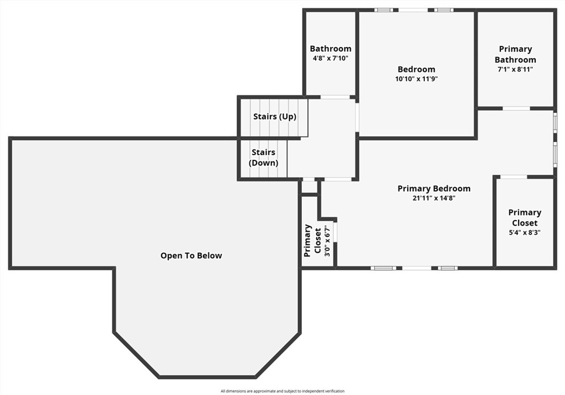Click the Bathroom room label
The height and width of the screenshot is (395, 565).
click(x=331, y=49)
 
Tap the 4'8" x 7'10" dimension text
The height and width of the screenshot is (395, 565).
click(x=331, y=58)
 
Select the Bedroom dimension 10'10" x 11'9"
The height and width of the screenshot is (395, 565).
click(x=416, y=79)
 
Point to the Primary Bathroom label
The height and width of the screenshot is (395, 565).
click(x=515, y=55)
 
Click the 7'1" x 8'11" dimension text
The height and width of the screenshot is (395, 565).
click(x=515, y=69)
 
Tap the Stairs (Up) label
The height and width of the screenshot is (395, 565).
click(x=275, y=117)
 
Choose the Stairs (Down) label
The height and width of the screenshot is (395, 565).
click(x=263, y=157)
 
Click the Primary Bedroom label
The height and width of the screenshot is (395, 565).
click(x=434, y=189)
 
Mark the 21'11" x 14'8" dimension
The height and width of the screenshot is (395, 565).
click(x=434, y=198)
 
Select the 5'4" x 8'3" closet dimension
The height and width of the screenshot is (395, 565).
click(x=524, y=232)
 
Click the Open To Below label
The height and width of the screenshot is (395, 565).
click(x=191, y=255)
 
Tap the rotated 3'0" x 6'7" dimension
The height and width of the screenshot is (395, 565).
click(x=327, y=241)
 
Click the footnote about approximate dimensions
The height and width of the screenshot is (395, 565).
click(x=282, y=391)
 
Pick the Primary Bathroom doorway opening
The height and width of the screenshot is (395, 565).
click(x=516, y=108)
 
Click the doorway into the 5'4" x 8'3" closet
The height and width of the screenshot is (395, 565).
click(x=514, y=177)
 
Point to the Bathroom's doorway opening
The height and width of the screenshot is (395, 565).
click(x=335, y=97)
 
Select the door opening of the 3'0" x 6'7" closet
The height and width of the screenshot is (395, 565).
click(x=335, y=232)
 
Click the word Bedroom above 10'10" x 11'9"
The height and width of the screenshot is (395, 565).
click(x=416, y=69)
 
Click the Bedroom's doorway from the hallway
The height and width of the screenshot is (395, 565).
click(x=357, y=118)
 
